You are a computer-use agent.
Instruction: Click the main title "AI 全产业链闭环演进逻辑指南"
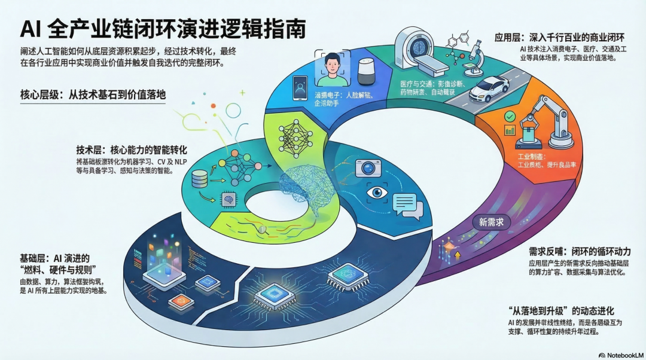click(163, 28)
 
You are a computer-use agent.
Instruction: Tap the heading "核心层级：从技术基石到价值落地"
click(92, 95)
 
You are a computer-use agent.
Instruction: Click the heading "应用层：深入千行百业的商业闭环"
click(559, 38)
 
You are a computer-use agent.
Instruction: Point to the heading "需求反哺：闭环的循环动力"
click(580, 251)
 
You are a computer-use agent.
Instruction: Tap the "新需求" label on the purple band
click(491, 222)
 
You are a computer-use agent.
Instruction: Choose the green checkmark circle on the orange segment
click(510, 117)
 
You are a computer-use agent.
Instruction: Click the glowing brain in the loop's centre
click(311, 185)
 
